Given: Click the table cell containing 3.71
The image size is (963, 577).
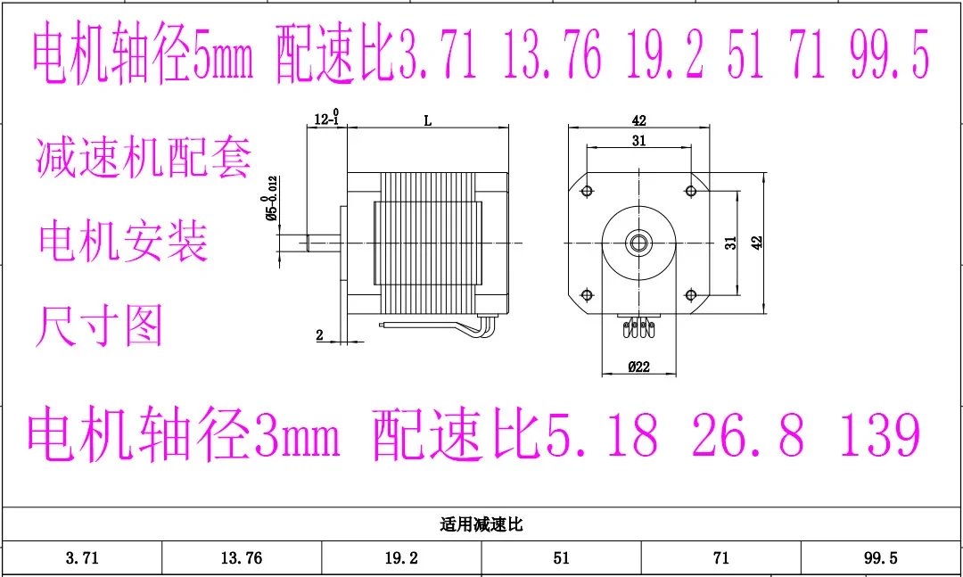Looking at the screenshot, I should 81,558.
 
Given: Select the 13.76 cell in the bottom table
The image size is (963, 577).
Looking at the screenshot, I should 241,558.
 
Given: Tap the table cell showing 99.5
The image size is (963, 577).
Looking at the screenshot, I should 880,558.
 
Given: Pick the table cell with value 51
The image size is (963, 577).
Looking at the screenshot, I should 561,558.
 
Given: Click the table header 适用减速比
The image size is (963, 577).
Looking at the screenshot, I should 481,524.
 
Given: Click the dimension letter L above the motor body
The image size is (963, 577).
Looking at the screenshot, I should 427,121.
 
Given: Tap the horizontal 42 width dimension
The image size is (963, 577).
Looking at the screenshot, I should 638,120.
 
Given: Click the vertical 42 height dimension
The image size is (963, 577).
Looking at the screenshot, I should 756,242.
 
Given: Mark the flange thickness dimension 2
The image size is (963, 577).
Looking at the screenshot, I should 319,335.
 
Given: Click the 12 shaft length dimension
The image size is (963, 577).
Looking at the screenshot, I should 325,119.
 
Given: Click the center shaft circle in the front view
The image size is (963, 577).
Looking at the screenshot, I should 638,242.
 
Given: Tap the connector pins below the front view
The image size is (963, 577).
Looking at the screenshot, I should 638,327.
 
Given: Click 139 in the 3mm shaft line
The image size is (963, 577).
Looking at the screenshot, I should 879,434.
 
